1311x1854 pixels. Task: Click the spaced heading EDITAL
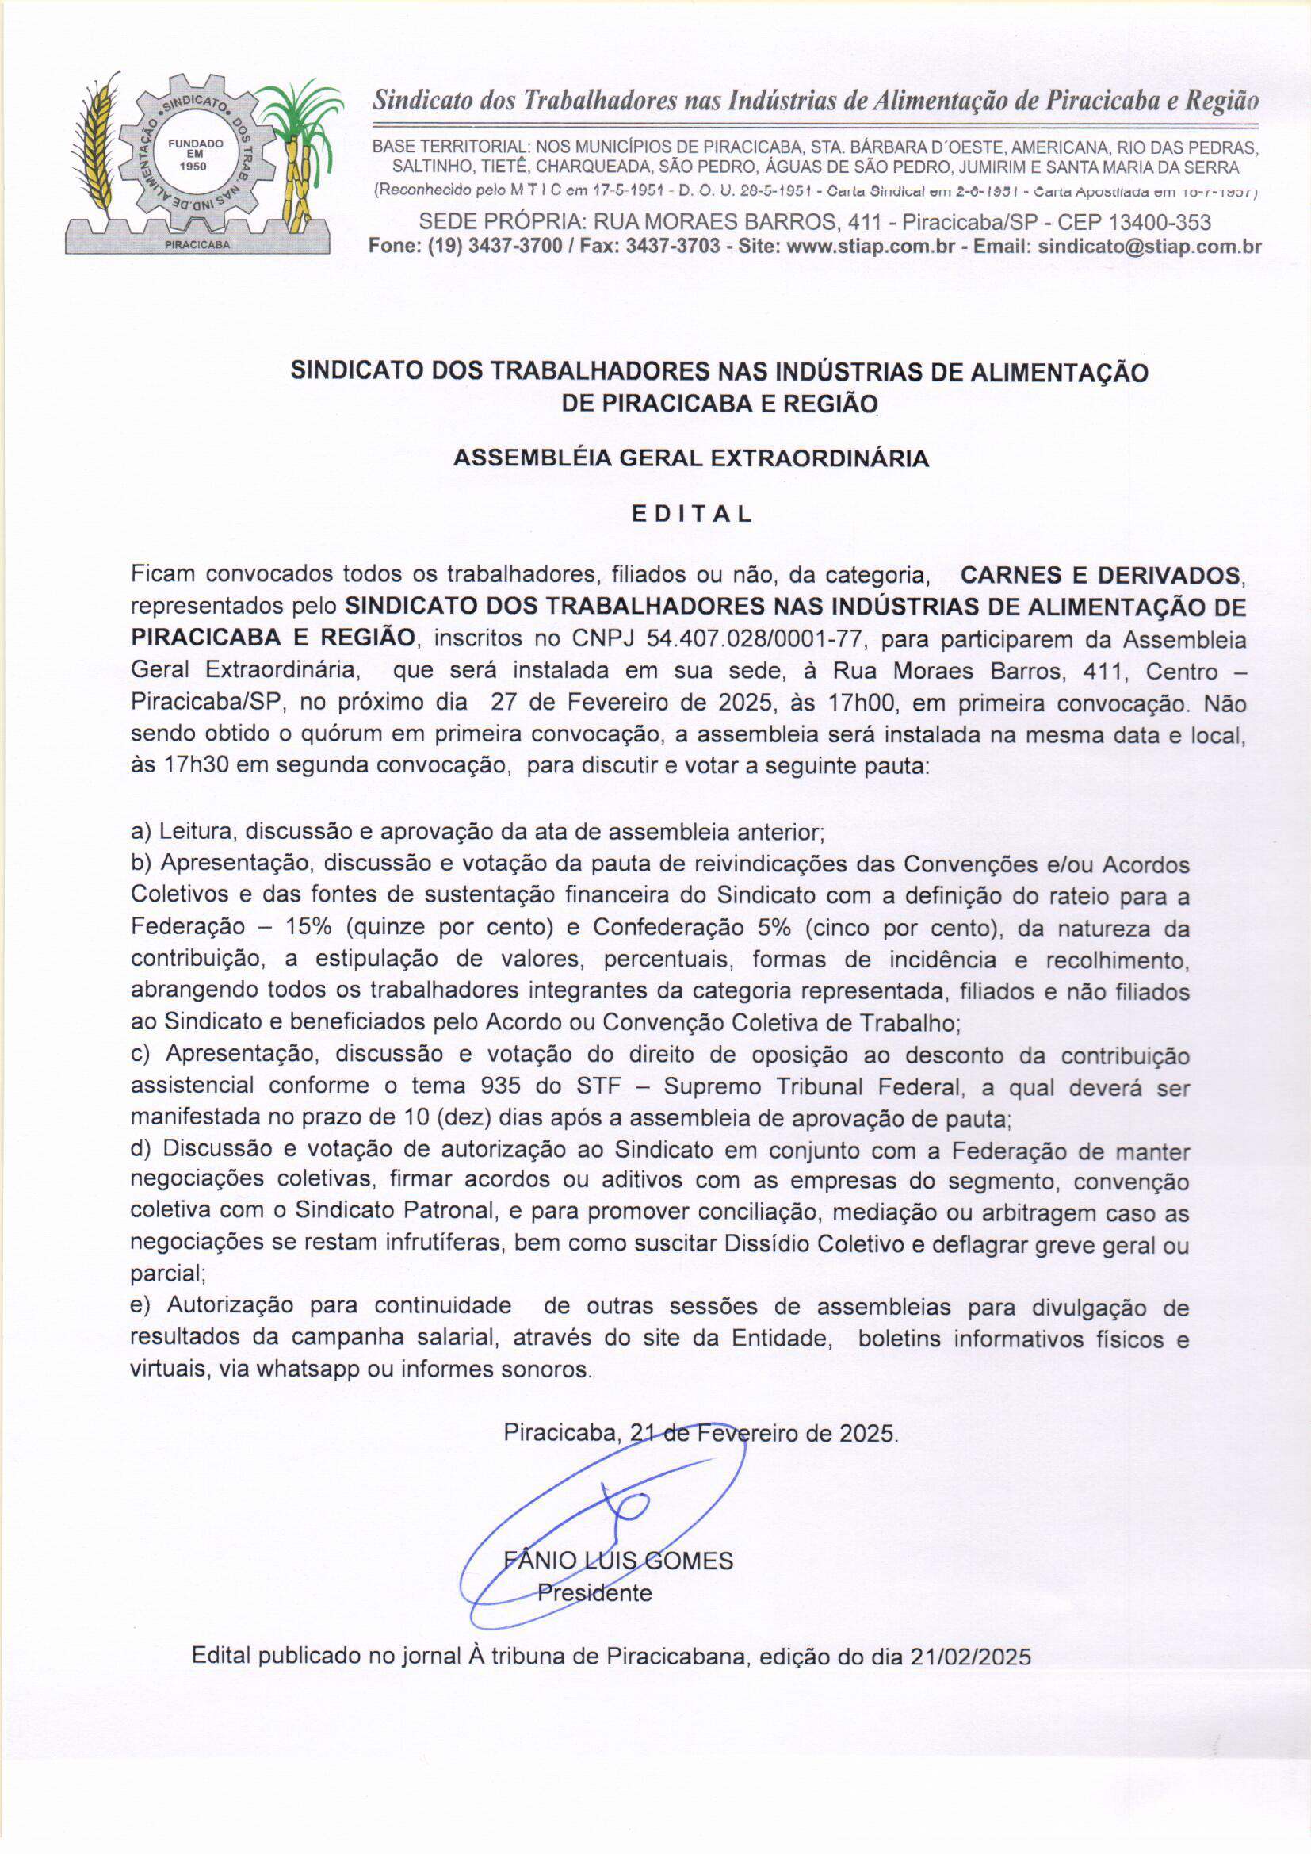pos(692,514)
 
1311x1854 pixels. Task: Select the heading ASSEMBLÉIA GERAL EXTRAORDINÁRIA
pos(691,458)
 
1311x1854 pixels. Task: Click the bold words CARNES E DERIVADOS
pos(1101,576)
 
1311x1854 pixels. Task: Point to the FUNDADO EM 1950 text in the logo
pos(194,154)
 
